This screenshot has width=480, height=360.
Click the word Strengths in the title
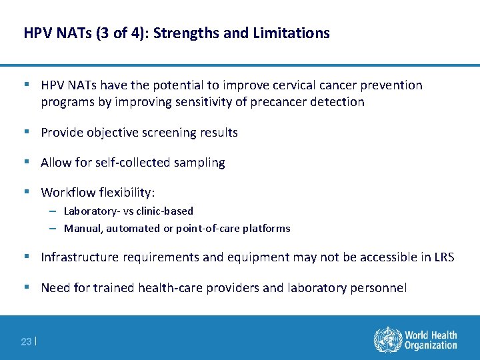pyautogui.click(x=184, y=33)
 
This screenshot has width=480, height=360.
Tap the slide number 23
pyautogui.click(x=26, y=341)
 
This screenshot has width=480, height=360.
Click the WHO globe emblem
pyautogui.click(x=387, y=339)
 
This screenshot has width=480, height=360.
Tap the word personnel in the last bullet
pyautogui.click(x=380, y=287)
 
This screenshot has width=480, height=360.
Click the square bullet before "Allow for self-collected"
pyautogui.click(x=26, y=162)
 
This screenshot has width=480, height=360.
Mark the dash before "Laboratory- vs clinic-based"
pyautogui.click(x=52, y=211)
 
